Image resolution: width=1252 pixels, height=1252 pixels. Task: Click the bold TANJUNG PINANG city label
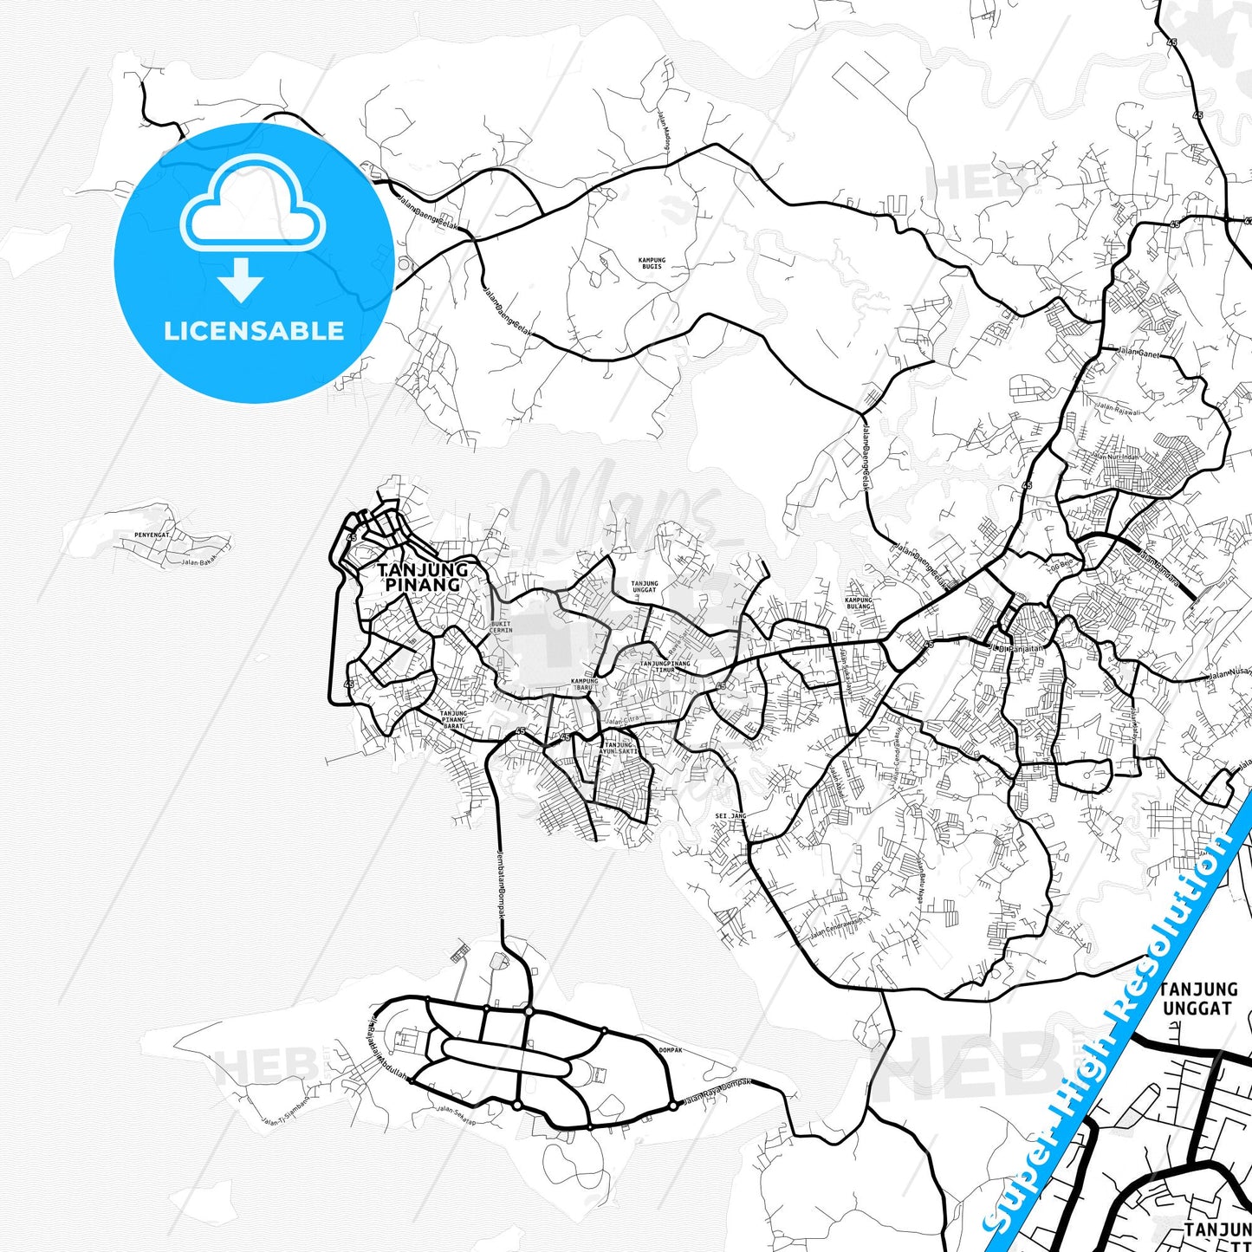[x=423, y=577]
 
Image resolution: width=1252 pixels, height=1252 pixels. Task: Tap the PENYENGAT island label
[x=152, y=535]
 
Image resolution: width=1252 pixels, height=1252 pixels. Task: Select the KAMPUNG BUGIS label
[x=652, y=263]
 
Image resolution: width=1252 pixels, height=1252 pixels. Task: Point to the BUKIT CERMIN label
[x=501, y=626]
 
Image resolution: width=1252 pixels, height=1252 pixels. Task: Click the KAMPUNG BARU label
[x=585, y=684]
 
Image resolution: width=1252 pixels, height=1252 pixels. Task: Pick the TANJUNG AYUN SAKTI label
[x=619, y=748]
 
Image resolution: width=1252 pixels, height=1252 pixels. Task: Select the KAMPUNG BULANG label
[x=858, y=603]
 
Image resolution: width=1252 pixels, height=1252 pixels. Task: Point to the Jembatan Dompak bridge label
[x=501, y=885]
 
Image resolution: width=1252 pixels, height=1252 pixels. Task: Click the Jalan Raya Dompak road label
[x=717, y=1093]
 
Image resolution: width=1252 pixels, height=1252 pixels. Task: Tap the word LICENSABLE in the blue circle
[x=254, y=331]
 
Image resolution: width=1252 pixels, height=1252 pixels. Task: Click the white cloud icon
[x=252, y=206]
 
